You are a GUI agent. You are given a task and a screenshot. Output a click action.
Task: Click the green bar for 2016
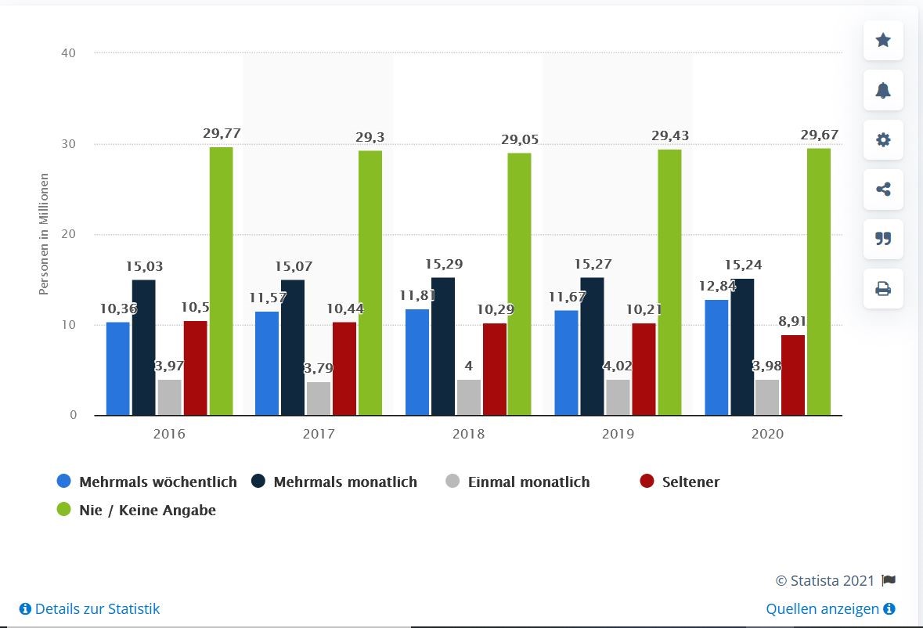pos(221,281)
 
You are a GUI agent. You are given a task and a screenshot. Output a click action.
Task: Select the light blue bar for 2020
pos(716,357)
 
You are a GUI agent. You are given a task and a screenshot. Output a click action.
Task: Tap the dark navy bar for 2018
pos(442,346)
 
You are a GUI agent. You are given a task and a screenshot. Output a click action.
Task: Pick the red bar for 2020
pos(792,375)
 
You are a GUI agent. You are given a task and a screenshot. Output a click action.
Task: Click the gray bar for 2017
pos(318,398)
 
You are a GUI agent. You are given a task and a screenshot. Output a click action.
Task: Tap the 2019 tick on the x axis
pos(618,433)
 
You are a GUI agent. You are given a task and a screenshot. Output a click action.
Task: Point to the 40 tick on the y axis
pos(69,53)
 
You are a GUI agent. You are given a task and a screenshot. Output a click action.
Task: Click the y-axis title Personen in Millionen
pos(44,234)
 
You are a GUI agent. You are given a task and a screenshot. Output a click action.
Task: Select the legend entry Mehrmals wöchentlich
pos(157,482)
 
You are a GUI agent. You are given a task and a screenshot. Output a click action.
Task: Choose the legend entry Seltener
pos(690,482)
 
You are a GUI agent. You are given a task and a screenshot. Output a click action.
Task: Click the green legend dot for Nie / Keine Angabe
pos(64,510)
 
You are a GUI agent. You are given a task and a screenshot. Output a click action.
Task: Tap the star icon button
pos(883,41)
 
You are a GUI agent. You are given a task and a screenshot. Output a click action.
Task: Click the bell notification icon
pos(883,90)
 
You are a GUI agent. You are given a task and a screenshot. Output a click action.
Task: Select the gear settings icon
pos(883,140)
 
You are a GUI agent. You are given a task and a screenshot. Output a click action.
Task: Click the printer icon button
pos(883,289)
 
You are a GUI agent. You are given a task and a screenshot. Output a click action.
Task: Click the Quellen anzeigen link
pos(824,608)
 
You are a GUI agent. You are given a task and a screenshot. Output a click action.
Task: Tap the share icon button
pos(883,189)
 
